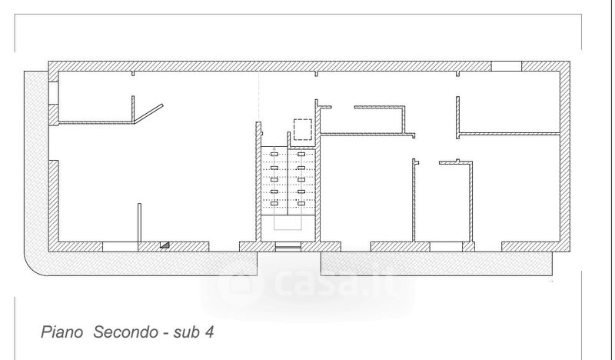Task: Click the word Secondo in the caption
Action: (x=122, y=333)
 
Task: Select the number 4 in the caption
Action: (x=208, y=333)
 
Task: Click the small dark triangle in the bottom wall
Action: (x=164, y=245)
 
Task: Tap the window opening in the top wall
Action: (x=506, y=66)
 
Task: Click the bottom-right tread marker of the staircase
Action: (x=301, y=202)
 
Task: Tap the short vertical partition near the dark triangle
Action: (x=139, y=222)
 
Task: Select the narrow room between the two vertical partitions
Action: (x=443, y=204)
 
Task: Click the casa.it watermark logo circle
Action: (x=230, y=285)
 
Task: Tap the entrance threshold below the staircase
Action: (x=288, y=247)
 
